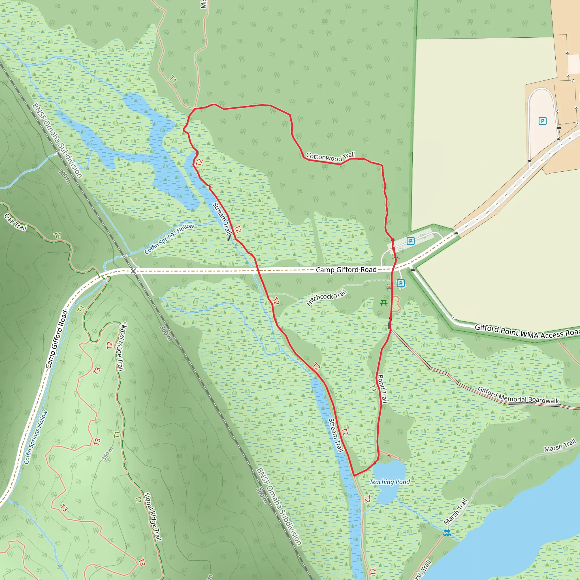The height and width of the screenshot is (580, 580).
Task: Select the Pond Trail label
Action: [382, 389]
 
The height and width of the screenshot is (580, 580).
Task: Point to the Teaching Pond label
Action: [389, 482]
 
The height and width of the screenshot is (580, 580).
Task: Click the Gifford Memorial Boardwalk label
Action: [518, 395]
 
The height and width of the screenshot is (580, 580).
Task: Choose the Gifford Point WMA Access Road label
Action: [527, 331]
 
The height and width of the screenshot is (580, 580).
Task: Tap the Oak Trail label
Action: [16, 222]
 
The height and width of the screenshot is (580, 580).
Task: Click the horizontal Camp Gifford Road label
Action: [346, 270]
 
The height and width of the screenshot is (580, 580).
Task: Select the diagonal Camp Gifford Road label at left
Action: [57, 340]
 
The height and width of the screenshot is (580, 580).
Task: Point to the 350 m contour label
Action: [108, 454]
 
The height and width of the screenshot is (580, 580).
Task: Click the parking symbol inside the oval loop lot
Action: [542, 121]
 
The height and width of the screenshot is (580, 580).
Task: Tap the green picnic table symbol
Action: [384, 303]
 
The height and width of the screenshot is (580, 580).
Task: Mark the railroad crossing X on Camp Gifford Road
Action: [133, 271]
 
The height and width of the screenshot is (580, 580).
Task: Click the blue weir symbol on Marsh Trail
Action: [447, 533]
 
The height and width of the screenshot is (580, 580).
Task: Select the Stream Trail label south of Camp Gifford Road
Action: [336, 435]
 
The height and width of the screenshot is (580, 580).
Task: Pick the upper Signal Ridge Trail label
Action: [121, 347]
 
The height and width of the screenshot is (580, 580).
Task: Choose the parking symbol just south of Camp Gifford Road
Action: [400, 283]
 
